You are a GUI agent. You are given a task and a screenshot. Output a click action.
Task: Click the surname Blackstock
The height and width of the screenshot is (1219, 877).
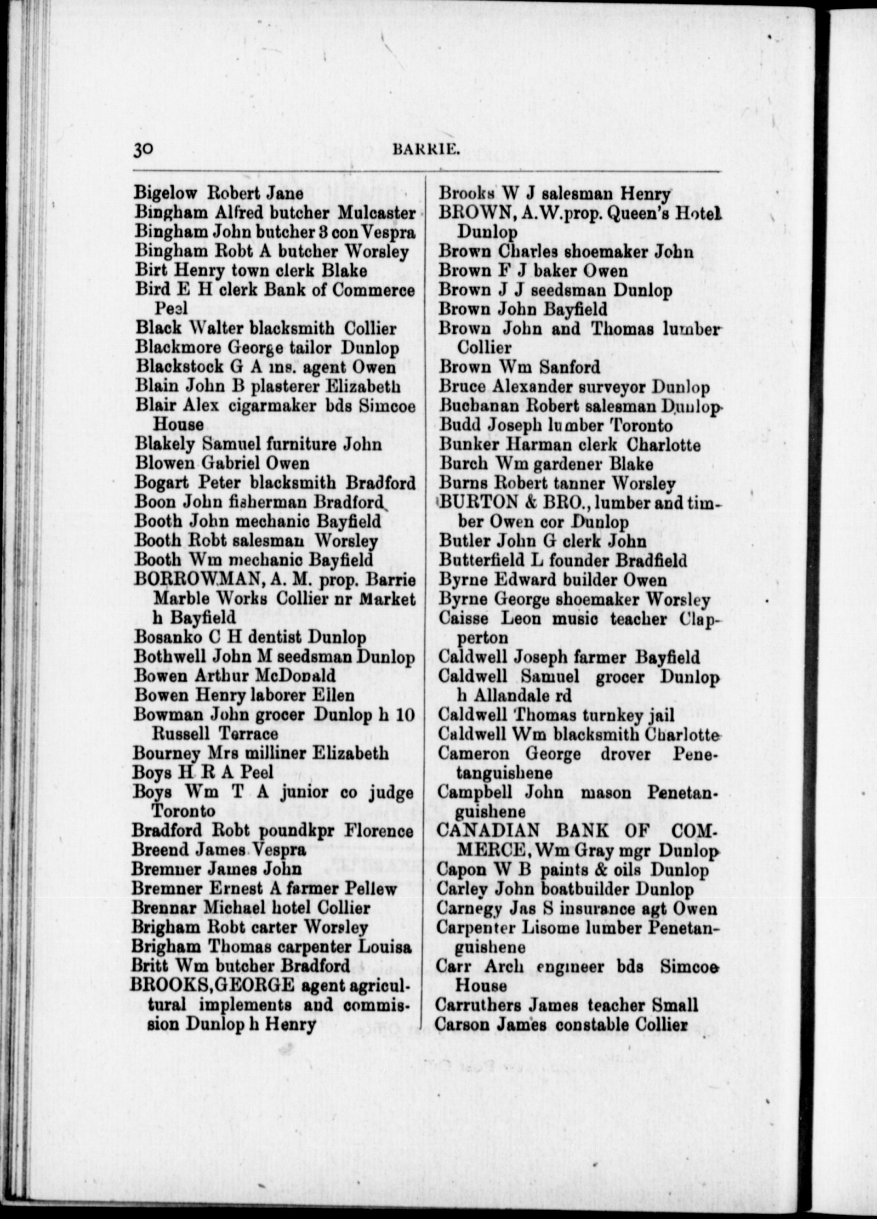click(x=180, y=367)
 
